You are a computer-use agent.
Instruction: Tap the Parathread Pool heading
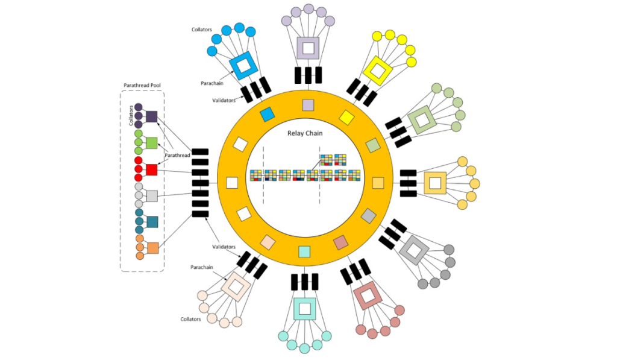click(x=142, y=85)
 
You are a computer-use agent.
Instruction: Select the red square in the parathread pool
click(x=152, y=170)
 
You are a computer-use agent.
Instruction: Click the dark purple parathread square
click(x=152, y=117)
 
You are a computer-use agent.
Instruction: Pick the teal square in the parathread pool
click(x=152, y=222)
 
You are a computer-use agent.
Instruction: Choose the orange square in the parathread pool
click(x=153, y=248)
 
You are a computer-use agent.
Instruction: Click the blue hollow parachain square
click(x=243, y=65)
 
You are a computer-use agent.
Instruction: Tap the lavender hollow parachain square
click(x=308, y=48)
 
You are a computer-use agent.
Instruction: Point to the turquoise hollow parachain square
click(x=305, y=309)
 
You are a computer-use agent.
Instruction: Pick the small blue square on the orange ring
click(x=266, y=115)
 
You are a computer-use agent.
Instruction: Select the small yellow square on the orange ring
click(x=346, y=116)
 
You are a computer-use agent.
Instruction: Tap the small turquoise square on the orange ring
click(x=304, y=251)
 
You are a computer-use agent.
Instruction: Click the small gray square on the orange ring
click(x=368, y=215)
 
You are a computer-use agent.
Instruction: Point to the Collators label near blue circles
click(x=202, y=29)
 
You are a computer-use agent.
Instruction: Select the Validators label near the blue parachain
click(x=224, y=100)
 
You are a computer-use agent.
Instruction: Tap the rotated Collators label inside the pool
click(x=130, y=116)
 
